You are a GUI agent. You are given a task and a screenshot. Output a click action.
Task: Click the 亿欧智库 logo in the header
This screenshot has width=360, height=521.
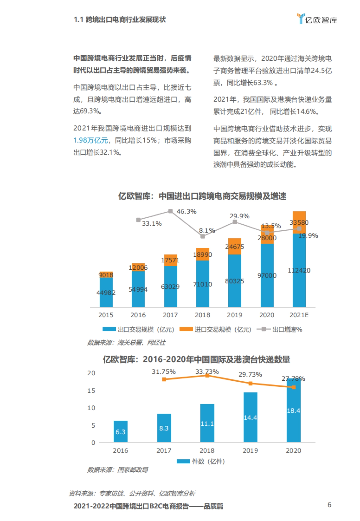click(317, 20)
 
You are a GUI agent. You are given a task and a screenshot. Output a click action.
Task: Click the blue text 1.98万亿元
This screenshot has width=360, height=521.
click(91, 141)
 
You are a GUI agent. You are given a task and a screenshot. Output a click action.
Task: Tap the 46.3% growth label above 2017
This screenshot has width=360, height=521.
click(186, 211)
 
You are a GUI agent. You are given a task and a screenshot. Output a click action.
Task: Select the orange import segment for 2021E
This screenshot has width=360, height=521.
click(299, 222)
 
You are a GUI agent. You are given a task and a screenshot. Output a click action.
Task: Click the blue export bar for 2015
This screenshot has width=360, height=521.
click(106, 292)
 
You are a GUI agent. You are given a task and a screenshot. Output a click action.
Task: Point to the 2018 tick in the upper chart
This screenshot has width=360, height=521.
click(202, 315)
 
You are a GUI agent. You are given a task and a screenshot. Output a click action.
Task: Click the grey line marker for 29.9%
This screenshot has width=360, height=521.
click(235, 222)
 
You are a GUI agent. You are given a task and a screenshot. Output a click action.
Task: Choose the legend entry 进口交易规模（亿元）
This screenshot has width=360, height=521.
click(215, 329)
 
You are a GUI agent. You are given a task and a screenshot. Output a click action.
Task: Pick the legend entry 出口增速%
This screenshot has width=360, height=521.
click(280, 329)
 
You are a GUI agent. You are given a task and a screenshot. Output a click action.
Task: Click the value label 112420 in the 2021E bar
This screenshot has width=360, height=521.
click(299, 270)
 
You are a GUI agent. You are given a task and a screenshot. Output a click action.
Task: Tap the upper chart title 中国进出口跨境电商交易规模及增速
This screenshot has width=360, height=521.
click(202, 196)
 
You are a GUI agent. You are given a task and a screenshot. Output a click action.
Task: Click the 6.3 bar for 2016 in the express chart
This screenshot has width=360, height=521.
click(120, 432)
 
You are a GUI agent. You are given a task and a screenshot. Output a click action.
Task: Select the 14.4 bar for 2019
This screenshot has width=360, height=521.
click(250, 417)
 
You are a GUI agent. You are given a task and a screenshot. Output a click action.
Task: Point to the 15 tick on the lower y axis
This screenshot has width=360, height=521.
click(91, 391)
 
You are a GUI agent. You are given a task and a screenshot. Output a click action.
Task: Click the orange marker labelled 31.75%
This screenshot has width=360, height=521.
click(164, 380)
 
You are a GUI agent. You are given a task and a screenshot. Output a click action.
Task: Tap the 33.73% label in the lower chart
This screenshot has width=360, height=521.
click(207, 371)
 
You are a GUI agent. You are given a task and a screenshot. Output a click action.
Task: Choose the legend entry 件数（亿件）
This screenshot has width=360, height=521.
click(201, 461)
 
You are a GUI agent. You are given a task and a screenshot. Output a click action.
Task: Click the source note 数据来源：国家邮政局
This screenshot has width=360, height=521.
click(118, 470)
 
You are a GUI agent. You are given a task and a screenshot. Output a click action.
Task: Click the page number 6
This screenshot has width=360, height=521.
click(329, 505)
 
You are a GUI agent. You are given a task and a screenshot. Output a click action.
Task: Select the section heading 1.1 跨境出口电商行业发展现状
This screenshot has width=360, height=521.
click(120, 20)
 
